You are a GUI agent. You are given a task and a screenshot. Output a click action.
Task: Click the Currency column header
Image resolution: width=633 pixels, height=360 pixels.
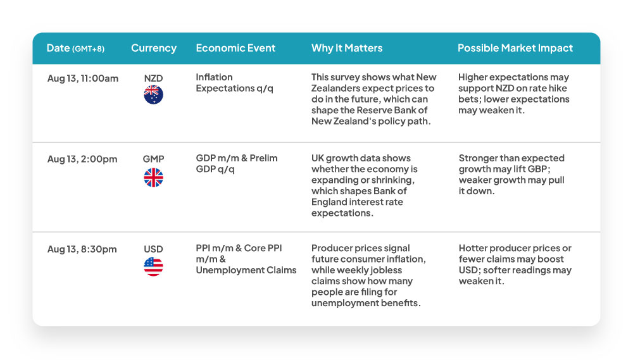click(x=154, y=48)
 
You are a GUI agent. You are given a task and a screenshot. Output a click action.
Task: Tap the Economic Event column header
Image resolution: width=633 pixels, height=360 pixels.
click(x=235, y=48)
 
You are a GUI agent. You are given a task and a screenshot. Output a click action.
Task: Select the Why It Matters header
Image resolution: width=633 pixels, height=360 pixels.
click(x=347, y=48)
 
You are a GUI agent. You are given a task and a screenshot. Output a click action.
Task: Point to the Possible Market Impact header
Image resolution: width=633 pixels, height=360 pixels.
click(x=515, y=48)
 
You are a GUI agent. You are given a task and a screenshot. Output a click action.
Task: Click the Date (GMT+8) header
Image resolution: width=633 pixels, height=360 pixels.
click(x=75, y=48)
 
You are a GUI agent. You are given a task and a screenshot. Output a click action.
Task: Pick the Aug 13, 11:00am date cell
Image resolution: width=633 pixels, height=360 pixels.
click(x=83, y=78)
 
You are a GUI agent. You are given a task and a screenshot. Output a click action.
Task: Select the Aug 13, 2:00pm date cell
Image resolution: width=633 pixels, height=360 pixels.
click(x=82, y=159)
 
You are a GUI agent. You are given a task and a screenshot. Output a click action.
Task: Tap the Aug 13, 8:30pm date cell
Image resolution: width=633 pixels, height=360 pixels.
click(x=82, y=249)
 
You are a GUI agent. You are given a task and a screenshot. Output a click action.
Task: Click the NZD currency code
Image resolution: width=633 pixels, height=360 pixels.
click(x=153, y=78)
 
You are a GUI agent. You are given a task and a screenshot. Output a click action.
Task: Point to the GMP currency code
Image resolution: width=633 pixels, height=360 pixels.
click(x=153, y=159)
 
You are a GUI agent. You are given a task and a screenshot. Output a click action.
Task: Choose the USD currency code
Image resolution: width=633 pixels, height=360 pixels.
click(x=153, y=249)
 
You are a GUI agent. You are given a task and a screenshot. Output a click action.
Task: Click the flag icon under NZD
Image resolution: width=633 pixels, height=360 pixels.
click(x=153, y=95)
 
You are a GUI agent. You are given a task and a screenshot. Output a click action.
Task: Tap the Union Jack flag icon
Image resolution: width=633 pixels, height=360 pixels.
click(x=153, y=178)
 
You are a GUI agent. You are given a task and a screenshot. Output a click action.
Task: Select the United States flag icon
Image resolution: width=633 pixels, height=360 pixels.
click(x=153, y=266)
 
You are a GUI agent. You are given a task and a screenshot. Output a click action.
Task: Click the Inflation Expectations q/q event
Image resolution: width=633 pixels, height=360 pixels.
click(x=235, y=83)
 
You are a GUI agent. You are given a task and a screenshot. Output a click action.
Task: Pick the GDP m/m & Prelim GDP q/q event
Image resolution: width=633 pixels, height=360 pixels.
click(x=237, y=163)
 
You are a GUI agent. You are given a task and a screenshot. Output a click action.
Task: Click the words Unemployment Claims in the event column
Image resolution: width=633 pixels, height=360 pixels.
click(x=246, y=270)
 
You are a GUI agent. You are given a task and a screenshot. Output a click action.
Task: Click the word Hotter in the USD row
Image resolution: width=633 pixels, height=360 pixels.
click(x=473, y=248)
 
